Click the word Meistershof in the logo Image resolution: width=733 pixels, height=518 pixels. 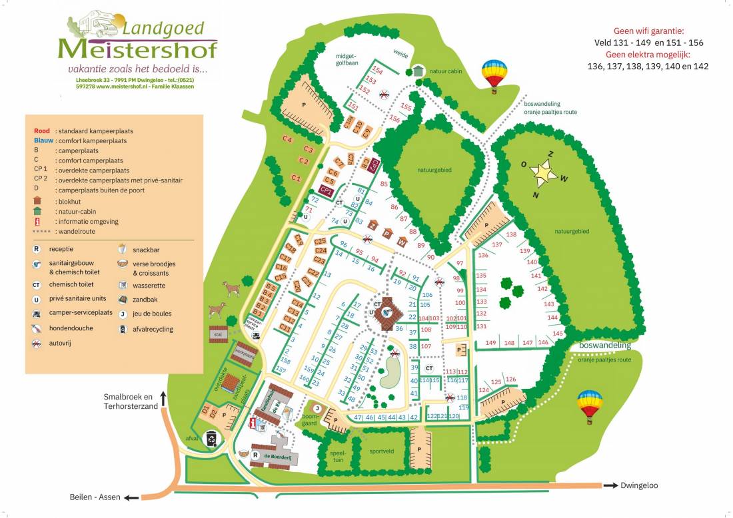coord(137,49)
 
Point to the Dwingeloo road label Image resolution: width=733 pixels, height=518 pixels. coord(639,485)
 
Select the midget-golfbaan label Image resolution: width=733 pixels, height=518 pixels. coord(347,59)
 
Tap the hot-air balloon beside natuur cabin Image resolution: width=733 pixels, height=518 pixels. coord(494,73)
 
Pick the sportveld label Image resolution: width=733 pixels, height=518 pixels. coord(384,450)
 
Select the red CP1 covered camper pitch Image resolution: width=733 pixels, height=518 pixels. coord(327,190)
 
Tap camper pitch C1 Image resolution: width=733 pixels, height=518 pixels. coord(297,178)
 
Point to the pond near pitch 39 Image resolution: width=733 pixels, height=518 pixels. coord(388,373)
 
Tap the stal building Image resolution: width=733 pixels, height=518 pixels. coord(217,334)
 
